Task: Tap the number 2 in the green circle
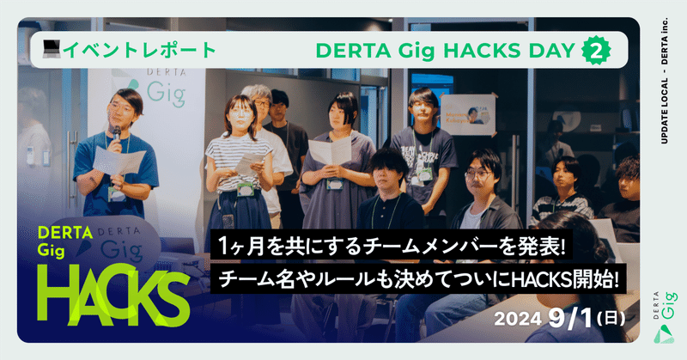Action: click(592, 50)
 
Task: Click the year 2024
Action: click(517, 317)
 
